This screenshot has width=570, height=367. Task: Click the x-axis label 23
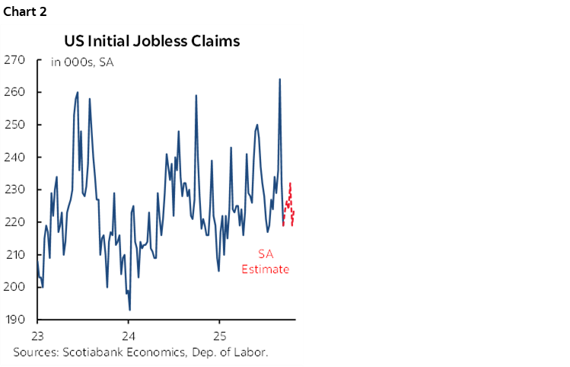38,336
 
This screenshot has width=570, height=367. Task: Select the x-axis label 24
129,336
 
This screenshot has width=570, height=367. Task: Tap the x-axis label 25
220,336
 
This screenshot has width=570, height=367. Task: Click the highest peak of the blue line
280,79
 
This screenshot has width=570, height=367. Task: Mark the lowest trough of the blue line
130,309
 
